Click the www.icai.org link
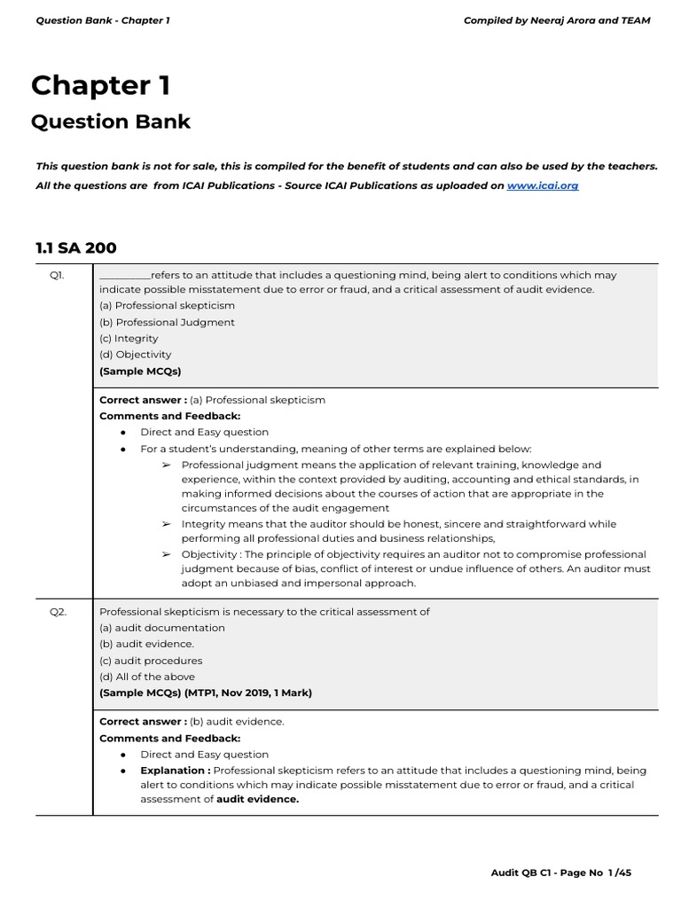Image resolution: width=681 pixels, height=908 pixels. click(x=542, y=186)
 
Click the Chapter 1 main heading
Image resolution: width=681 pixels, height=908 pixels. click(x=100, y=86)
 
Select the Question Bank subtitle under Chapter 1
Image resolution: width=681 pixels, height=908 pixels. click(x=111, y=121)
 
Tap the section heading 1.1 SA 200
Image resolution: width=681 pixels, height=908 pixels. click(x=75, y=248)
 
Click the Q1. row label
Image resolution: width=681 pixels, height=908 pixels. click(x=57, y=276)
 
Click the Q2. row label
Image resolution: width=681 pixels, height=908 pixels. click(x=57, y=612)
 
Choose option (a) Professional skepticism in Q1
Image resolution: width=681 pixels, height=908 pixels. click(x=167, y=306)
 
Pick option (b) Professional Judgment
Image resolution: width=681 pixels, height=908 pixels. click(x=167, y=322)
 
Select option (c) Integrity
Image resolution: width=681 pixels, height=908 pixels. click(x=129, y=339)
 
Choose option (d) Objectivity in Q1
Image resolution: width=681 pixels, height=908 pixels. click(x=135, y=355)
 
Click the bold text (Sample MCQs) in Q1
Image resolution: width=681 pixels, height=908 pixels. click(x=140, y=372)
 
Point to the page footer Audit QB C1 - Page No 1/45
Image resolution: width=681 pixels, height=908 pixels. click(x=561, y=873)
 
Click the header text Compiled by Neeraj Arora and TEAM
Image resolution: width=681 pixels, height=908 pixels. click(x=557, y=20)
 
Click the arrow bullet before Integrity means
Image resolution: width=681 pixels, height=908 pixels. click(x=166, y=524)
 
